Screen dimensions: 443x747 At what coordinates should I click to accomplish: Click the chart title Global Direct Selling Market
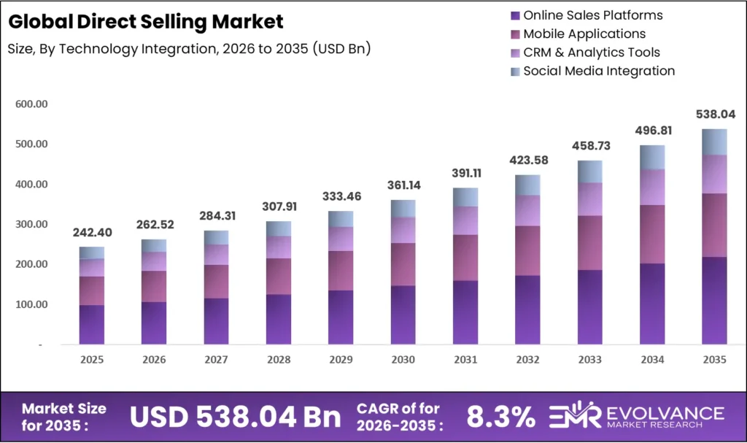pyautogui.click(x=145, y=22)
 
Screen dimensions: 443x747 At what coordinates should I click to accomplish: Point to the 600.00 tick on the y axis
pyautogui.click(x=31, y=104)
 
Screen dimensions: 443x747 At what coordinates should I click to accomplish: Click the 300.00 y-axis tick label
pyautogui.click(x=31, y=225)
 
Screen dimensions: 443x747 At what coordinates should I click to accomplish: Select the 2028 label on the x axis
pyautogui.click(x=279, y=360)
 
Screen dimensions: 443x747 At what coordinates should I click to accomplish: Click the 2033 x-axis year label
pyautogui.click(x=589, y=360)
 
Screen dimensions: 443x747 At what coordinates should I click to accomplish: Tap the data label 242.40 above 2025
pyautogui.click(x=92, y=233)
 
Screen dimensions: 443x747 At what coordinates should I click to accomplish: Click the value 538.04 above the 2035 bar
pyautogui.click(x=714, y=115)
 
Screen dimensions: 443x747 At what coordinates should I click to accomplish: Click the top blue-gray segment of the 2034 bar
pyautogui.click(x=652, y=157)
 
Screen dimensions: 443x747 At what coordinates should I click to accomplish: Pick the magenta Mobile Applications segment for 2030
pyautogui.click(x=403, y=264)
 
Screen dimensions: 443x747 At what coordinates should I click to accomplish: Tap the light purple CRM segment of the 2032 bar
pyautogui.click(x=527, y=210)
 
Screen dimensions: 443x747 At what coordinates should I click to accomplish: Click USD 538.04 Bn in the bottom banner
pyautogui.click(x=235, y=417)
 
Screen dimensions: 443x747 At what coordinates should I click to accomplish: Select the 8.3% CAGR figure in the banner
pyautogui.click(x=500, y=417)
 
